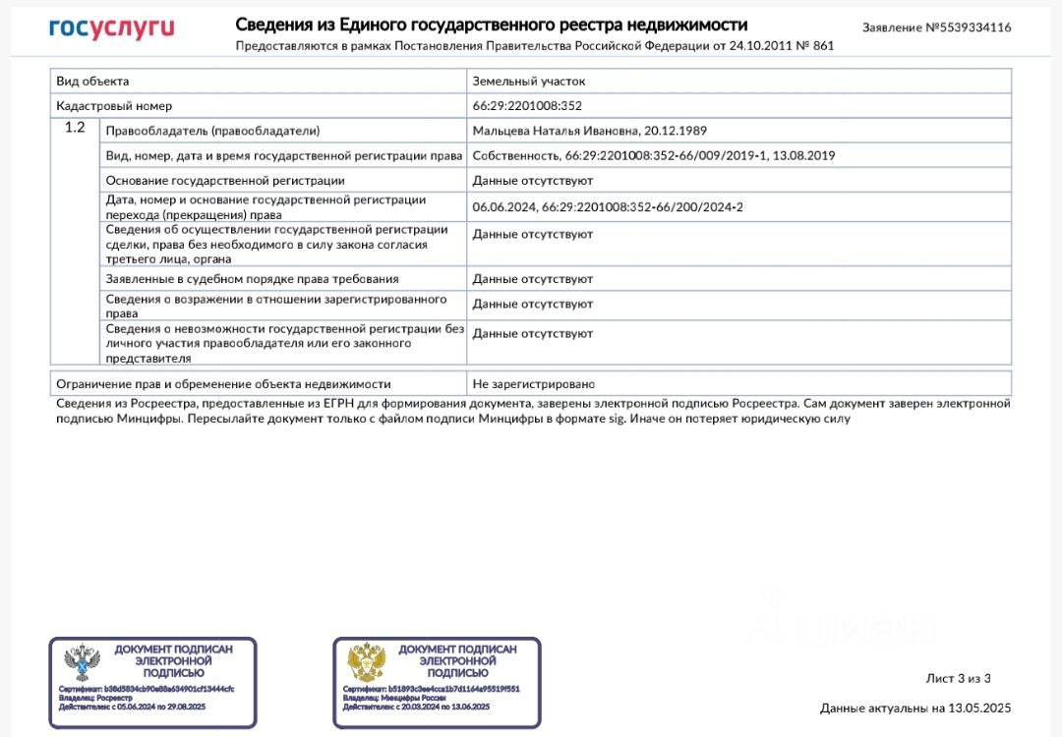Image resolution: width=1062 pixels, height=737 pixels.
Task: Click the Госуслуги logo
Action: pos(111,28)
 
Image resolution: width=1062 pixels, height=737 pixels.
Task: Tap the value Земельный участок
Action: pos(528,81)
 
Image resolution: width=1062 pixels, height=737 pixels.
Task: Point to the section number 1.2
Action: pos(75,128)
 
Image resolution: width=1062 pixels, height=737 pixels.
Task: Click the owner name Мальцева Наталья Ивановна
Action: pos(555,130)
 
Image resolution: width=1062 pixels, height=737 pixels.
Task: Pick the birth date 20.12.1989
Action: pos(676,130)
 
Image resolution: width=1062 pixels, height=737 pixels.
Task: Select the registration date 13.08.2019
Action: pos(803,155)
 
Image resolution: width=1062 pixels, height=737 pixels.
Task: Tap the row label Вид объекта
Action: pos(92,81)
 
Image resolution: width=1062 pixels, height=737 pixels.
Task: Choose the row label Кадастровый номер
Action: pos(114,105)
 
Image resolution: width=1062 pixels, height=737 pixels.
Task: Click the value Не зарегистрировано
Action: pos(534,383)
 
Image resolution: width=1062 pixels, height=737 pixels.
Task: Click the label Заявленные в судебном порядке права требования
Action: pos(252,279)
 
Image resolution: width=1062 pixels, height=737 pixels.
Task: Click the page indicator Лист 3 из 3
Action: pos(958,678)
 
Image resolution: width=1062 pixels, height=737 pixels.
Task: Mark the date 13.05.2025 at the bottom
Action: pos(977,708)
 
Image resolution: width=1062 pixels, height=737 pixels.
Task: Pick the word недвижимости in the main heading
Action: pos(687,25)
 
